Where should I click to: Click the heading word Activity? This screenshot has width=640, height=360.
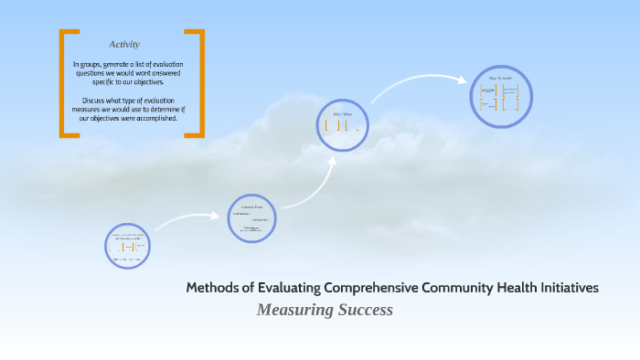(x=124, y=44)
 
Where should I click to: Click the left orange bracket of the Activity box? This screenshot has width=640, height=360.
(x=63, y=83)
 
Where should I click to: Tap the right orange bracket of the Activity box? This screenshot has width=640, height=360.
(x=200, y=83)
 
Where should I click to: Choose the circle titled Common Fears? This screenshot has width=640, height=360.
(x=252, y=218)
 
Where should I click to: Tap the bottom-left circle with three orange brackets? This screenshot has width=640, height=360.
(x=127, y=247)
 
